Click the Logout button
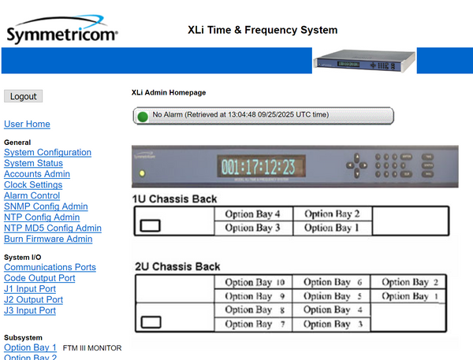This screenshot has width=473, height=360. click(x=24, y=96)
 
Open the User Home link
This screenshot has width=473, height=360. click(x=27, y=124)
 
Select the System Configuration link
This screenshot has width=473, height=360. click(x=47, y=153)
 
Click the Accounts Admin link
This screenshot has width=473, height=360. click(x=37, y=174)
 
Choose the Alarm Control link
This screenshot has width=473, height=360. click(x=32, y=196)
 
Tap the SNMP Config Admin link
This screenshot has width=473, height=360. click(x=46, y=207)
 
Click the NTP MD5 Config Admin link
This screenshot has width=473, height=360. click(x=53, y=228)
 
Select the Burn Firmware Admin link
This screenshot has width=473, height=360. click(x=48, y=239)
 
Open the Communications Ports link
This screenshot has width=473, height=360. click(x=50, y=268)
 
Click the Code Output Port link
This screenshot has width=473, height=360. click(x=39, y=279)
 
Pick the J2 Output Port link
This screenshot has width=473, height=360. click(x=33, y=300)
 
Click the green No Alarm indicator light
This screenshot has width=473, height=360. click(x=143, y=116)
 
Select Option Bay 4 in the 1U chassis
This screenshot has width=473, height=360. click(x=253, y=214)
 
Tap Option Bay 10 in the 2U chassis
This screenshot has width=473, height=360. click(x=254, y=282)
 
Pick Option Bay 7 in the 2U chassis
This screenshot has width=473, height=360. click(x=253, y=324)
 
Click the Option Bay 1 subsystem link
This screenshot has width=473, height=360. click(x=30, y=347)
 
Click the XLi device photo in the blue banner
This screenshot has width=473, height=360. click(x=365, y=61)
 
